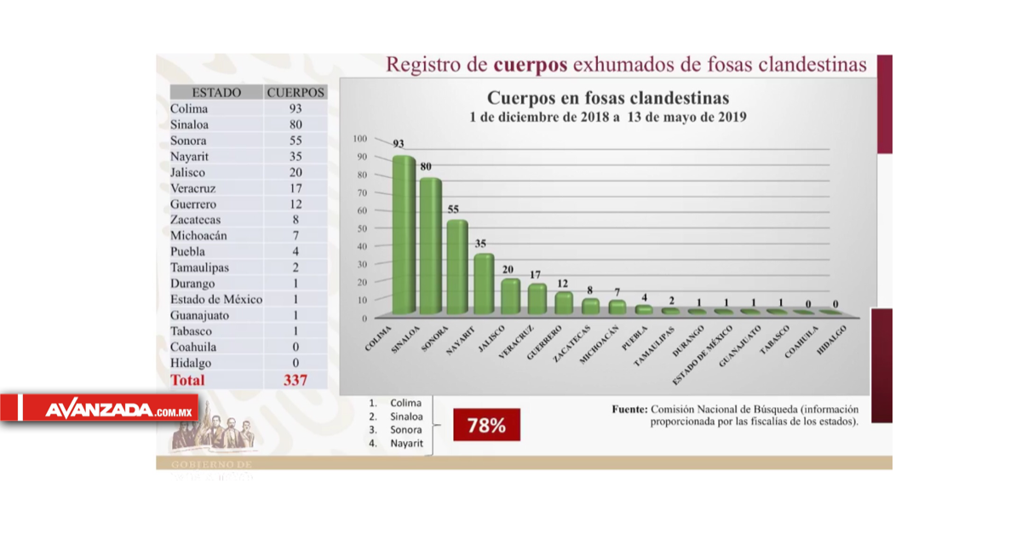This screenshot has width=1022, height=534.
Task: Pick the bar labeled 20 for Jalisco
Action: point(510,296)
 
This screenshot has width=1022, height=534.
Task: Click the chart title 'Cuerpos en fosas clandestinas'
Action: point(607,97)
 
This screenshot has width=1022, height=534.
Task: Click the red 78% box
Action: point(485,425)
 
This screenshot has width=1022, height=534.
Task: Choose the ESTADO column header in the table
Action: point(216,92)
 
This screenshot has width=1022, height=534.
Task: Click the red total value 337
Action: point(295,380)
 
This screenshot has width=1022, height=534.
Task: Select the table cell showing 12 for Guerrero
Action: point(295,204)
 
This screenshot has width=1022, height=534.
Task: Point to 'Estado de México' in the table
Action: point(216,300)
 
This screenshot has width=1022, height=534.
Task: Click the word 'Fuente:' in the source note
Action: point(629,409)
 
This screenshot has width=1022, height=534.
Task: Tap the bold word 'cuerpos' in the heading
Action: point(530,65)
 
